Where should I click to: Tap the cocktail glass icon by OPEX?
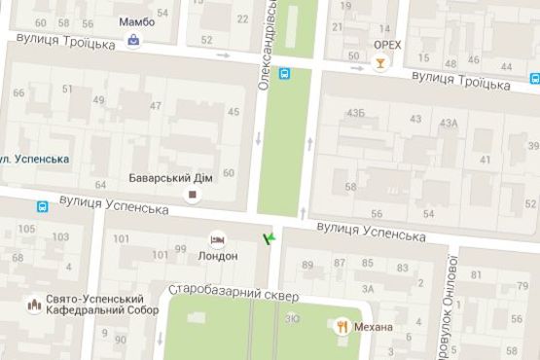click(379, 64)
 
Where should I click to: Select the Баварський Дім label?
click(168, 178)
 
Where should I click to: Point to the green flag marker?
click(269, 236)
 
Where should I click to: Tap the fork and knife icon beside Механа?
click(342, 326)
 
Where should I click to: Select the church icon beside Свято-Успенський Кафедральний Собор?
click(33, 305)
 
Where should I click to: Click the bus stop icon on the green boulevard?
click(285, 73)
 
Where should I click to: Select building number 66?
click(18, 93)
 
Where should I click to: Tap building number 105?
click(26, 230)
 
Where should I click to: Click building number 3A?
click(368, 289)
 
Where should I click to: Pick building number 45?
click(233, 112)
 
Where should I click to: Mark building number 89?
click(309, 265)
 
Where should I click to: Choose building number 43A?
click(449, 123)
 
